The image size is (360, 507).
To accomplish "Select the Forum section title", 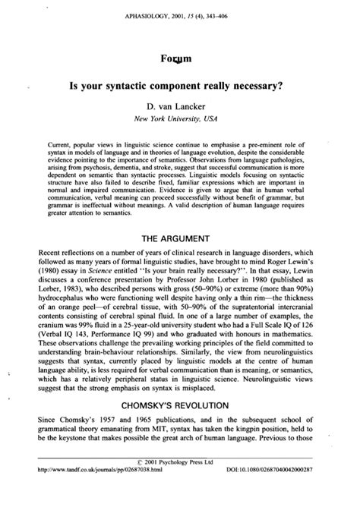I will pos(181,57).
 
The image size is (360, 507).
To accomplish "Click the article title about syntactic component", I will pos(180,88).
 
